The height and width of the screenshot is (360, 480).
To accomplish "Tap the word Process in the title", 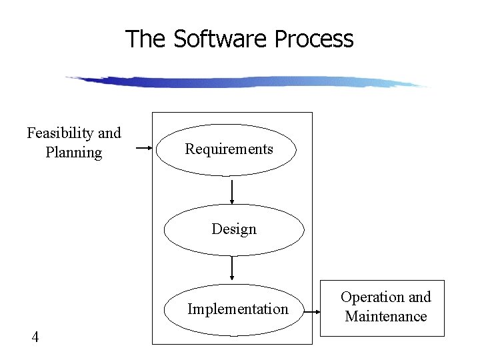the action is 313,39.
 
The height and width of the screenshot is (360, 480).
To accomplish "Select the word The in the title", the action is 147,39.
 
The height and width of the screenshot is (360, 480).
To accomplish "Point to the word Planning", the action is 74,153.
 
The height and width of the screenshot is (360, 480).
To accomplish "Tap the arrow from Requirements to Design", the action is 232,191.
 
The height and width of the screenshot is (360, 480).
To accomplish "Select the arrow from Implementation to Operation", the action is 313,309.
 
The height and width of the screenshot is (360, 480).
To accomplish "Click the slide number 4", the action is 35,337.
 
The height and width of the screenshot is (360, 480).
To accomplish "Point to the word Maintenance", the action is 386,317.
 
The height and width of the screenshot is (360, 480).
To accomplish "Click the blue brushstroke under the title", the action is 247,81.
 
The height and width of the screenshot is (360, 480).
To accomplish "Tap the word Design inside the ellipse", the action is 234,229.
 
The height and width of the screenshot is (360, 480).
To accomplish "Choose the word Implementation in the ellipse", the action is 238,309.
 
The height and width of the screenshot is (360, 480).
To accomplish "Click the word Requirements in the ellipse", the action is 229,149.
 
